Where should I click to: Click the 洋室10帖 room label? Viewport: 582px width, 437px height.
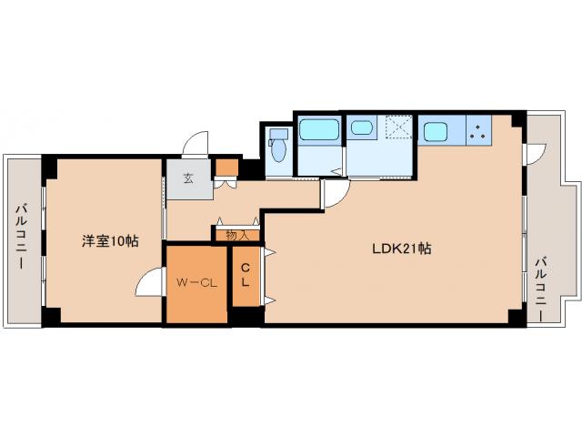pos(110,241)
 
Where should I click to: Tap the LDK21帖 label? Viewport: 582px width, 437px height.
pos(402,249)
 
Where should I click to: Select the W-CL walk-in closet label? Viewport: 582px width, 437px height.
pos(196,283)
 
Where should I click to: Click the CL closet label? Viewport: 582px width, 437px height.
pos(245,275)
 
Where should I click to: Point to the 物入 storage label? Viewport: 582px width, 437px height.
pos(237,235)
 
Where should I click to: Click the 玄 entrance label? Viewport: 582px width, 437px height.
pos(188,178)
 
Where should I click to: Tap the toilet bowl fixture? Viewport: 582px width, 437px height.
pos(279,150)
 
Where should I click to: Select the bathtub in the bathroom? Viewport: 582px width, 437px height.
pos(319,129)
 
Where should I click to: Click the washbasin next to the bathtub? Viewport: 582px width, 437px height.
pos(362,127)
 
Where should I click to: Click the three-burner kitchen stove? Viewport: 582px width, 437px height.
pos(478,130)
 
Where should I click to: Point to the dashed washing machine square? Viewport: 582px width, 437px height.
pos(398,127)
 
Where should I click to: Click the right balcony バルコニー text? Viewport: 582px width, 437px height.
pos(541,289)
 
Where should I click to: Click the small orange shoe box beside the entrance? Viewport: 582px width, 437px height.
pos(226,168)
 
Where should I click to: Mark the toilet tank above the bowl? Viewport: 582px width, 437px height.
pos(279,134)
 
